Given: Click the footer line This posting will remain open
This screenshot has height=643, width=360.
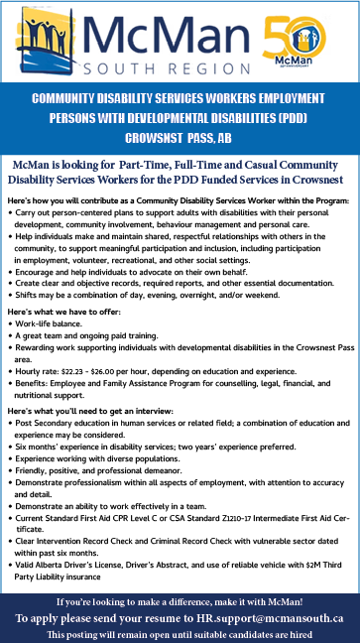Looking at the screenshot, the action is pos(180,633).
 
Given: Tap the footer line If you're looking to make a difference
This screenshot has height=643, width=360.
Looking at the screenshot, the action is pos(180,600).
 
